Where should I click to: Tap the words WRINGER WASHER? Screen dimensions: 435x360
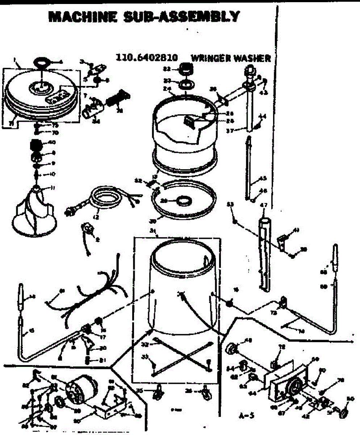point(230,58)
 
